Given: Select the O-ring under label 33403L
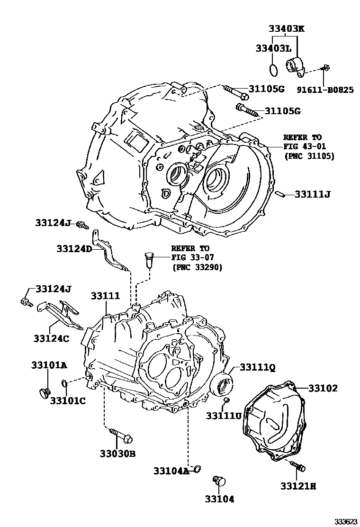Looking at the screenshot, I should point(272,70).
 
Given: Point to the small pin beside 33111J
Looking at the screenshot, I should point(281,193).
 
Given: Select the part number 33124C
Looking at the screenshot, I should point(51,338).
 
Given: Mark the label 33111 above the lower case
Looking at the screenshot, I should point(106,296).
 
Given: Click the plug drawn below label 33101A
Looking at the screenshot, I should point(45,392).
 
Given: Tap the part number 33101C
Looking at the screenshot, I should point(68,401).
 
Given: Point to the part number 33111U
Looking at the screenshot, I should point(223,415).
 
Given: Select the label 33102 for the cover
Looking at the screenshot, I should point(323,388).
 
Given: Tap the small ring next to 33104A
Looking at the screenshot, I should point(198,470).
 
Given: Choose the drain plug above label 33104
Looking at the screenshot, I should point(219,480).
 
